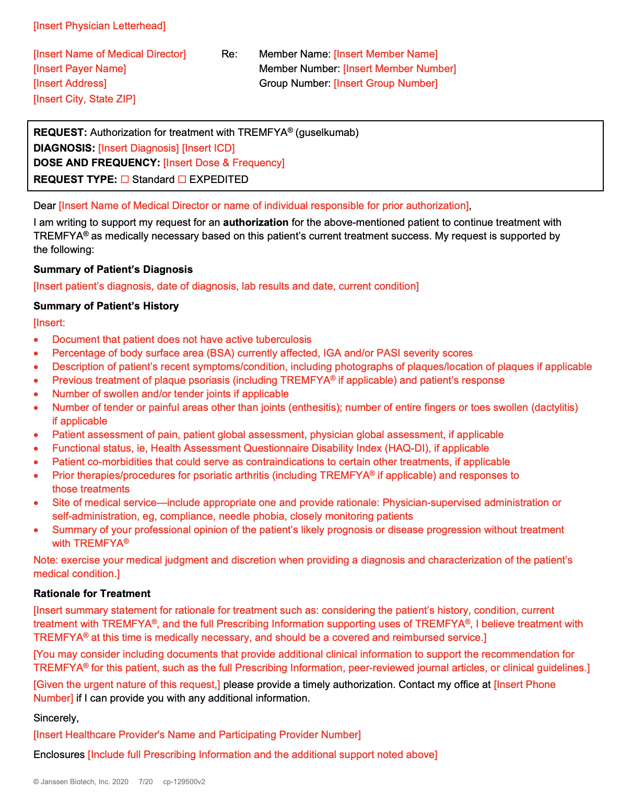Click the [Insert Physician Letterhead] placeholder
pos(99,26)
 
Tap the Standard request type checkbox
pos(125,179)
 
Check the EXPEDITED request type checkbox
pos(182,179)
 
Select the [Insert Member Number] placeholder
pos(400,68)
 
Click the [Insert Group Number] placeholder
pos(385,83)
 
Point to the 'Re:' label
pos(229,54)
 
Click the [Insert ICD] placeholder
pos(208,148)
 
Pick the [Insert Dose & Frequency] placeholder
pos(224,163)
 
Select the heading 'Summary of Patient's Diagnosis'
pos(113,269)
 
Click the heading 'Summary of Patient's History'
pos(106,306)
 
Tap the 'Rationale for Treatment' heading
pos(92,593)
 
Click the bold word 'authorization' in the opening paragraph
pos(255,222)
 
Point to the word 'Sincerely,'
pos(56,718)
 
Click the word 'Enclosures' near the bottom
pos(59,754)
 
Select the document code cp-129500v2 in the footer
pos(184,782)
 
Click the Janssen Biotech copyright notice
pos(80,782)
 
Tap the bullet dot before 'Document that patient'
pos(36,340)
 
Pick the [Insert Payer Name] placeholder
pos(79,68)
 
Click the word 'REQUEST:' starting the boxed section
pos(60,132)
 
